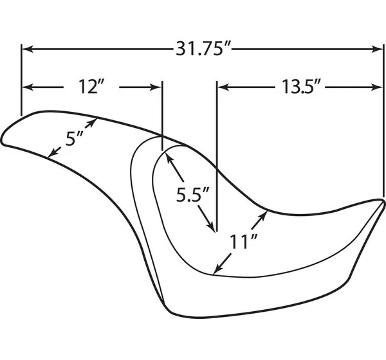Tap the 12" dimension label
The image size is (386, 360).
pos(91,87)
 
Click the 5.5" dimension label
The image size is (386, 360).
pos(193,194)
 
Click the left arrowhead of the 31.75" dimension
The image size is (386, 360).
pos(27,49)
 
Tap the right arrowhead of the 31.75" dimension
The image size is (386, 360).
pos(377,49)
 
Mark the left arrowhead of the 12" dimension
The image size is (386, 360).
pos(28,87)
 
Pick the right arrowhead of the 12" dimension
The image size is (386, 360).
pos(156,87)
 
